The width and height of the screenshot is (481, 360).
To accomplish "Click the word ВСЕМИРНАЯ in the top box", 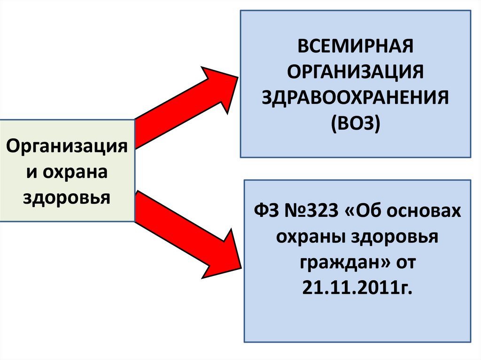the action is [356, 47].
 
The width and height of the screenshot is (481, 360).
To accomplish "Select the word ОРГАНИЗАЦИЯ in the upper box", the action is [356, 73].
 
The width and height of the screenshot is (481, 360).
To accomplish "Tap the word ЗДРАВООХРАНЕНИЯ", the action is [356, 98].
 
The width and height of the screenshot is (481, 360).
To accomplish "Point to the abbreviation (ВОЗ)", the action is [356, 124].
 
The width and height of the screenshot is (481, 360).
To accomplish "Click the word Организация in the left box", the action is [67, 146].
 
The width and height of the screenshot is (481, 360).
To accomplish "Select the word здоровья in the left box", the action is [67, 197].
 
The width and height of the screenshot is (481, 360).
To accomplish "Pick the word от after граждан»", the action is [403, 263].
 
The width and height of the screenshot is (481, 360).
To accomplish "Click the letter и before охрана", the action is [31, 171].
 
